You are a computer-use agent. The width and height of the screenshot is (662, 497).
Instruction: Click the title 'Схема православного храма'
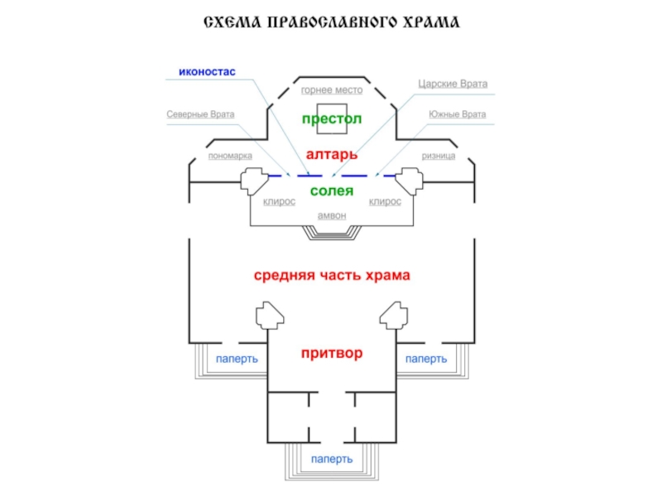click(332, 22)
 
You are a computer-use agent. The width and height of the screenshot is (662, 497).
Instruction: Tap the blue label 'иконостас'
click(207, 72)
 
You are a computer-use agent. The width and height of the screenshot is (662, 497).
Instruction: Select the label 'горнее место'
click(332, 90)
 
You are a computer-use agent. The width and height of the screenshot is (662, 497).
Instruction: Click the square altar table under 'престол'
click(332, 118)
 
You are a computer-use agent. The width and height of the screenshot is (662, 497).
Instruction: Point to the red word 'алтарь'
click(332, 155)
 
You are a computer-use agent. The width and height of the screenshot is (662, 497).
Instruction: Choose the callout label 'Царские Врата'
click(453, 84)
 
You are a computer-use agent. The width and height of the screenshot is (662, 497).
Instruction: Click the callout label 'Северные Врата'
click(200, 114)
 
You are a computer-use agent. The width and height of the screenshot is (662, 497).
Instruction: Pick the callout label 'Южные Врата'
click(458, 114)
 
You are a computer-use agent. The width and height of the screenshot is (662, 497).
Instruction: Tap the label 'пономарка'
click(230, 156)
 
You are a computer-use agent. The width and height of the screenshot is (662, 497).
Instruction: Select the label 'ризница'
click(439, 156)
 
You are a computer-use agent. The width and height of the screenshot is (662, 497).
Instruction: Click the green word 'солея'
click(332, 191)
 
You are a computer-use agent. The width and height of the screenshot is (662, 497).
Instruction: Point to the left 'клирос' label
click(279, 202)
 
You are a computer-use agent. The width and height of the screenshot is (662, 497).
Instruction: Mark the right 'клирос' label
click(385, 202)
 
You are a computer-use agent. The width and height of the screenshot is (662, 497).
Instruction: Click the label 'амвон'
click(332, 215)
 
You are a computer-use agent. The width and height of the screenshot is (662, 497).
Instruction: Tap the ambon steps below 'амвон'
click(332, 233)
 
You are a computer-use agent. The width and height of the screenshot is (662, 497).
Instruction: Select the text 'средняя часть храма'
click(332, 275)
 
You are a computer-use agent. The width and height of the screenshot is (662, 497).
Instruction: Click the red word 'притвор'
click(332, 353)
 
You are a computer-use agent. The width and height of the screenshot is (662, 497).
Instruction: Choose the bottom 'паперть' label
click(332, 459)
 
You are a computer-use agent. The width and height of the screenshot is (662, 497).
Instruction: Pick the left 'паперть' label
click(237, 359)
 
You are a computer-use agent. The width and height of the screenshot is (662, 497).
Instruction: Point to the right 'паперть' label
click(426, 359)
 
